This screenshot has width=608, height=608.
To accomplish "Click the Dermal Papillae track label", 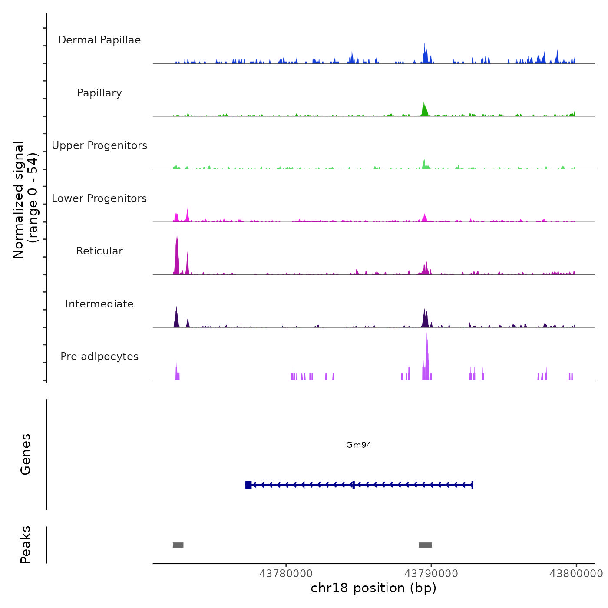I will [x=99, y=40].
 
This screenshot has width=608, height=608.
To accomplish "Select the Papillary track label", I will [x=99, y=93].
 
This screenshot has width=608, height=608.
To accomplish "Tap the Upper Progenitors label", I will [x=99, y=145].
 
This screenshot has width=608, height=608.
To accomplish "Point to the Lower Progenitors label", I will [x=99, y=198].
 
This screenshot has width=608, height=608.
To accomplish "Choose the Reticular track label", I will [x=99, y=251].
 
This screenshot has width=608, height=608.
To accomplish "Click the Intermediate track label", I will [x=99, y=304].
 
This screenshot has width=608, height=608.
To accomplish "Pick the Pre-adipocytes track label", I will [x=99, y=357].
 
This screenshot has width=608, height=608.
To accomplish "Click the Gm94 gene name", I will [x=359, y=445].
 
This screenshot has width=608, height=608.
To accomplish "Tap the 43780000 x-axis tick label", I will [x=286, y=574].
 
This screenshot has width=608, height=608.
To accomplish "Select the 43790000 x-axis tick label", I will [x=431, y=574].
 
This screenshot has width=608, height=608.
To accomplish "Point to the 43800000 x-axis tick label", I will [x=576, y=574].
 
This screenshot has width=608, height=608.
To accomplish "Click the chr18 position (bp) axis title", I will [x=373, y=588].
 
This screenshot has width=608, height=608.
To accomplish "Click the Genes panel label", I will [x=26, y=454].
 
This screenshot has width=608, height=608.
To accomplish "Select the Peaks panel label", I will [x=26, y=545].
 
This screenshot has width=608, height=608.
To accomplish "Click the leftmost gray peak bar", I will [x=178, y=545].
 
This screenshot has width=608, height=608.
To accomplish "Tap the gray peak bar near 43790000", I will [x=425, y=545].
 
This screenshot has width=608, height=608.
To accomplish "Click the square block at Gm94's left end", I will [x=248, y=485].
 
